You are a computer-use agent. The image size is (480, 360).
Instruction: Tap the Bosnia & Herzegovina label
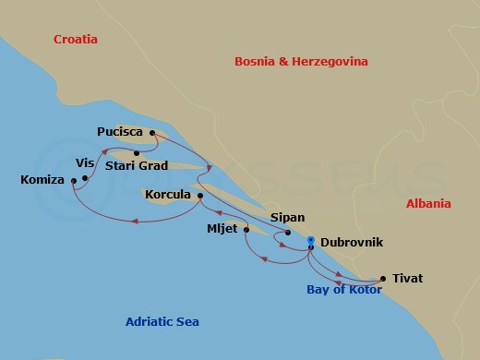coord(301,62)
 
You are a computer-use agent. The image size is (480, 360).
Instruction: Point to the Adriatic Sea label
coord(162,322)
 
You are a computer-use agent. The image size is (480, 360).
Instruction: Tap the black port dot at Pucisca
coord(152,133)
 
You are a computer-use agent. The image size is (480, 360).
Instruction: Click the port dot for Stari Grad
coord(137,153)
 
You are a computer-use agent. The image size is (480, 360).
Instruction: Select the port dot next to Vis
coord(85,178)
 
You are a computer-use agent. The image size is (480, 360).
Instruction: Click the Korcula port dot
coord(200,196)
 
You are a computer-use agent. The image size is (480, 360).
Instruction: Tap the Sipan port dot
coord(288,233)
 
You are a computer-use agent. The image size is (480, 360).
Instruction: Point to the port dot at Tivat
coord(382,278)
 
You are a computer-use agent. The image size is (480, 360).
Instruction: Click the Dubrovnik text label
coord(352,243)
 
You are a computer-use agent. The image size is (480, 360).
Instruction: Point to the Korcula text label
coord(167,195)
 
